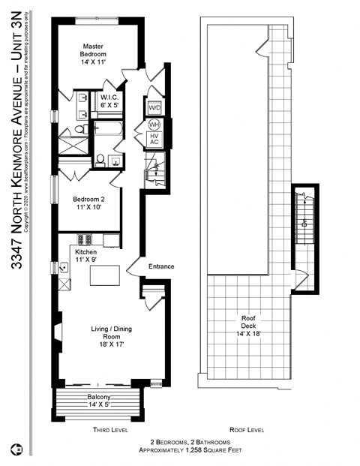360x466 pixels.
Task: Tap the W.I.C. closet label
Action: [x=105, y=101]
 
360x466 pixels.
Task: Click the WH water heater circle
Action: [x=154, y=124]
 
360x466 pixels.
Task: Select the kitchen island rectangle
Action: [x=105, y=275]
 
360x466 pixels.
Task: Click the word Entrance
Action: [x=162, y=267]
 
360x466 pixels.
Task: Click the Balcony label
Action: [x=98, y=400]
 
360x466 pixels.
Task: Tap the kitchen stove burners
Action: [x=85, y=240]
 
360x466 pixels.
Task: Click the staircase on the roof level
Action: [x=304, y=218]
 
